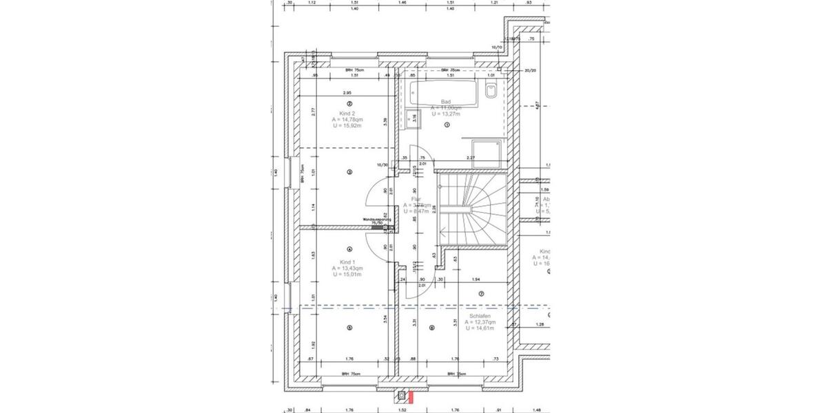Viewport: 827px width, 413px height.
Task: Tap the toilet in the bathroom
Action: pos(491,90)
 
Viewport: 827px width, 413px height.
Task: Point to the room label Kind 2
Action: pos(347,113)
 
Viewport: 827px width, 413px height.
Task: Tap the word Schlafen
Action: pos(480,316)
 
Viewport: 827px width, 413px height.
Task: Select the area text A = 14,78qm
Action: pos(347,120)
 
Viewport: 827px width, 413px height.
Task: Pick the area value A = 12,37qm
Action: pos(480,322)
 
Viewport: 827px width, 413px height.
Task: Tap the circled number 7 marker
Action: pos(481,294)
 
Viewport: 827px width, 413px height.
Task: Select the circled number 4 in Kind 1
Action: pos(349,250)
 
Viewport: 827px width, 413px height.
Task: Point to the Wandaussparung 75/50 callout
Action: pos(377,221)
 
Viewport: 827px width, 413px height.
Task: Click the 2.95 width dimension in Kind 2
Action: pos(347,92)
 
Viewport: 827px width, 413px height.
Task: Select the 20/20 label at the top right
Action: pos(530,70)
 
